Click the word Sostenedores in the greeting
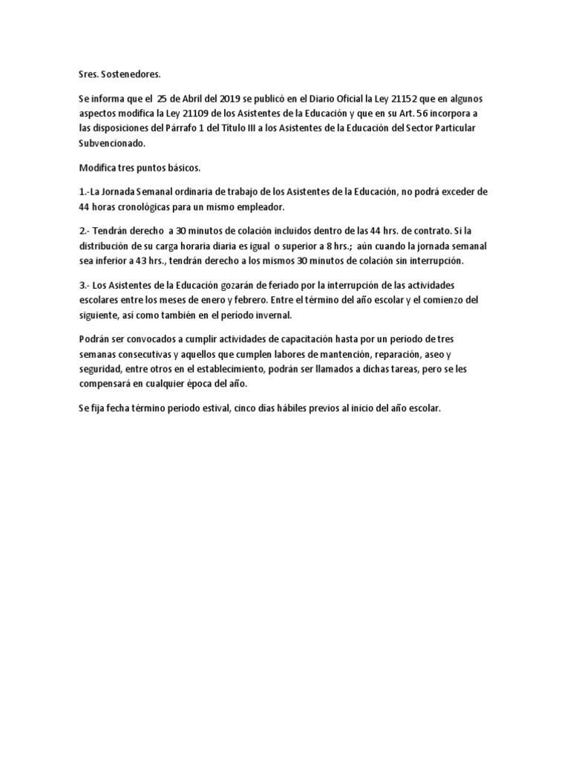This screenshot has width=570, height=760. pos(128,74)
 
